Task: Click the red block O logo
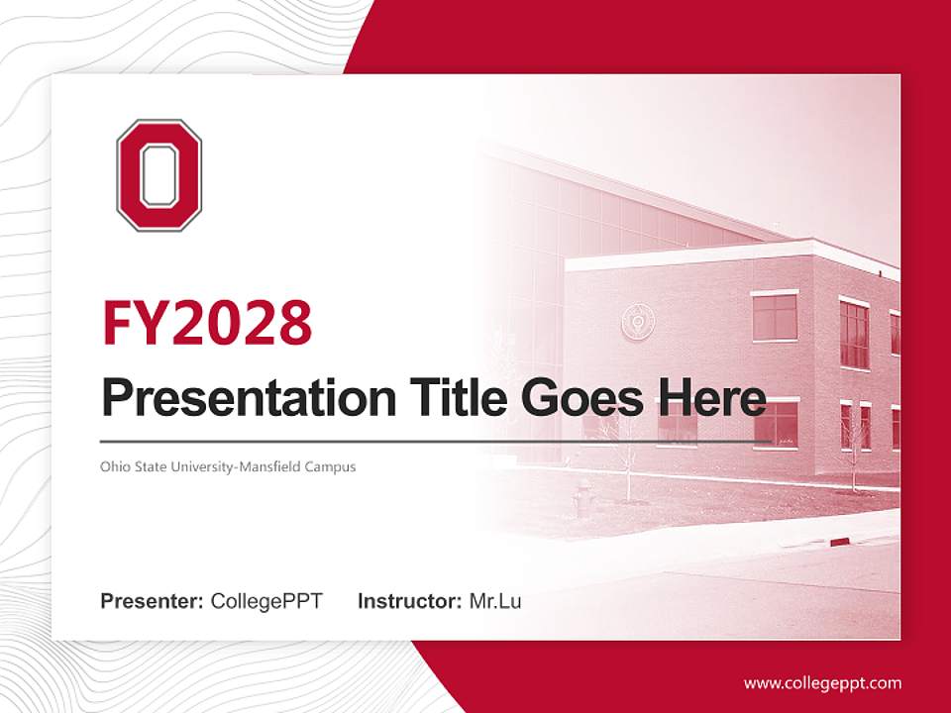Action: click(x=158, y=175)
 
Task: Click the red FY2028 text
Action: click(x=207, y=322)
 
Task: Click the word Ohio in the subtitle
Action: click(x=112, y=465)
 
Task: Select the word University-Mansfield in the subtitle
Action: click(x=233, y=465)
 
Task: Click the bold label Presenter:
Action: click(x=153, y=601)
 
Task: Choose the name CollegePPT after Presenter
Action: click(x=266, y=601)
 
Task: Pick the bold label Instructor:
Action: click(x=409, y=601)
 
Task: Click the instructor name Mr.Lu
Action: click(x=495, y=601)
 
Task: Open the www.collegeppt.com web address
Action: click(x=822, y=683)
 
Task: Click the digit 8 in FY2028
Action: click(x=292, y=322)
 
